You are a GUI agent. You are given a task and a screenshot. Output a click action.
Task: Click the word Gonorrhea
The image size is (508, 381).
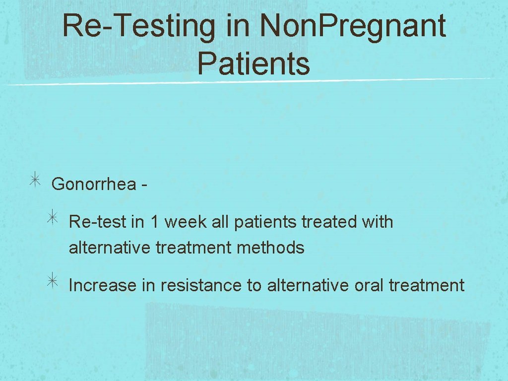click(94, 184)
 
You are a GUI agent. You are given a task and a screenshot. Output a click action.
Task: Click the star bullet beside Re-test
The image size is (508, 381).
click(53, 220)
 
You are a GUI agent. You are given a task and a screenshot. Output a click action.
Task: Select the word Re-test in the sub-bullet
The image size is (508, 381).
click(97, 222)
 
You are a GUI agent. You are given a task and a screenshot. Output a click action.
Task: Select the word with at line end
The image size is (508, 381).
click(378, 222)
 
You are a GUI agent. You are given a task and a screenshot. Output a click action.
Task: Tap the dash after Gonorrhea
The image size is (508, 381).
click(143, 185)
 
